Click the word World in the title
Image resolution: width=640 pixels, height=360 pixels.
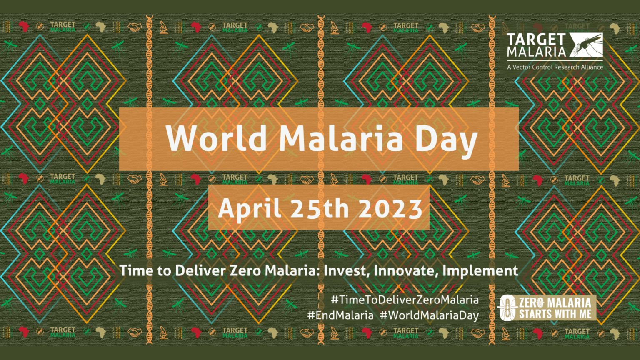[x=216, y=138]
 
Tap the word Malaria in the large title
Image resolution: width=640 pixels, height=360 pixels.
[x=341, y=138]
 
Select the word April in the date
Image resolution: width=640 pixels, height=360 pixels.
[x=249, y=208]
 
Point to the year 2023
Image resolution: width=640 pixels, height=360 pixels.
[x=390, y=208]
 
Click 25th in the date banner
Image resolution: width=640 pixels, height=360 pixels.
[x=320, y=208]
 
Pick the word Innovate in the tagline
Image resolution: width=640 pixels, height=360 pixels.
[x=406, y=271]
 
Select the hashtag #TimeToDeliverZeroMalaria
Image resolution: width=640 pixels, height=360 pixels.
[x=405, y=300]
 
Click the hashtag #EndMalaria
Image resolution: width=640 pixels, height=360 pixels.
[x=340, y=315]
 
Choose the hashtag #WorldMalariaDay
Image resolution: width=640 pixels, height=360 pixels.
[x=429, y=315]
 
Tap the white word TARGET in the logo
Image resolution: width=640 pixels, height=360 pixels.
[x=536, y=40]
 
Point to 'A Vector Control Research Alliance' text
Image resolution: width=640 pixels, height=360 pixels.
[x=555, y=67]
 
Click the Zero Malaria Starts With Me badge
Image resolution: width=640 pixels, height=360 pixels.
[x=547, y=308]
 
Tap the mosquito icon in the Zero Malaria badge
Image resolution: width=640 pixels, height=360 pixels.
[x=508, y=308]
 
